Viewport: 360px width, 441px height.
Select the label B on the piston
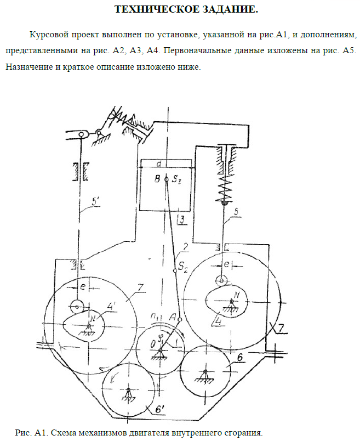[x=158, y=179]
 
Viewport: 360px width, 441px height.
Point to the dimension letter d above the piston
[x=158, y=163]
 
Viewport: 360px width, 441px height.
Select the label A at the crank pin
[x=173, y=316]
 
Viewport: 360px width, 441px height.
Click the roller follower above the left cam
[x=76, y=305]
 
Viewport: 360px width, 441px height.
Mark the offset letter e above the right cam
[x=225, y=264]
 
